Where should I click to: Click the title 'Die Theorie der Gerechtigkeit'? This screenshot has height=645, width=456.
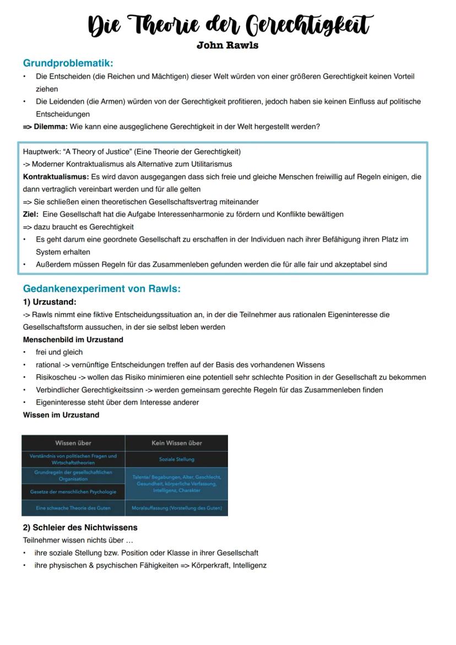click(230, 25)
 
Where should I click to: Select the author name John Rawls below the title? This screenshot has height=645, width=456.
click(227, 45)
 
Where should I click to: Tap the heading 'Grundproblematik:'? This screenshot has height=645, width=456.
click(68, 63)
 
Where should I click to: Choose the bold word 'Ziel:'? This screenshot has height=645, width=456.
click(31, 214)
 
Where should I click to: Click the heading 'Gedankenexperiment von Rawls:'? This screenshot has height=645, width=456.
click(101, 289)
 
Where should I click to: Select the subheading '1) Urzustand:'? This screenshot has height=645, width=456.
click(50, 302)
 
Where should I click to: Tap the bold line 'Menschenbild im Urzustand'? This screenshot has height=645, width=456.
click(73, 340)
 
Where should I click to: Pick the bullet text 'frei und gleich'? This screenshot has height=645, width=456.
click(59, 352)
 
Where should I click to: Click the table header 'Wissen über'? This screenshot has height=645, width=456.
click(73, 443)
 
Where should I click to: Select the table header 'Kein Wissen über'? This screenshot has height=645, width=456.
click(176, 443)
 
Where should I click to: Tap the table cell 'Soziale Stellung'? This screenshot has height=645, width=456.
click(176, 459)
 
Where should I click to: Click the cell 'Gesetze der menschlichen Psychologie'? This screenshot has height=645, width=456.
click(73, 492)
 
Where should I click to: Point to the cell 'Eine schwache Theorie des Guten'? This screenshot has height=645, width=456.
click(73, 508)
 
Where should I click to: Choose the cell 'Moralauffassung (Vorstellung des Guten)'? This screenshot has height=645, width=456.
click(176, 508)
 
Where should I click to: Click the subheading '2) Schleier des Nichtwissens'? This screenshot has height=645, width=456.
click(80, 527)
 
